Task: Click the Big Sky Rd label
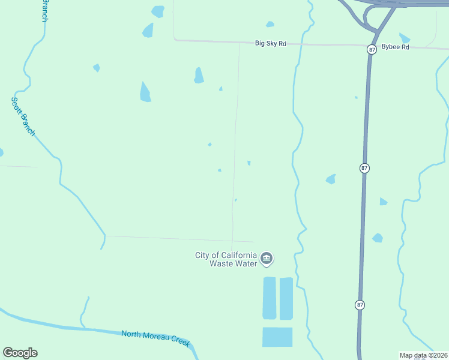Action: pyautogui.click(x=271, y=43)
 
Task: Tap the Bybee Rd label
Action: pyautogui.click(x=397, y=47)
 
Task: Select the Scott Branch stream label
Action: pyautogui.click(x=23, y=116)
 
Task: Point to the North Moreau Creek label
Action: pyautogui.click(x=155, y=338)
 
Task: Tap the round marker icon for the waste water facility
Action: pyautogui.click(x=267, y=259)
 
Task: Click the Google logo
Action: pyautogui.click(x=20, y=353)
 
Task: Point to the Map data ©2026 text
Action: pyautogui.click(x=423, y=355)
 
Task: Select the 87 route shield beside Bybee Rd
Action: pyautogui.click(x=372, y=50)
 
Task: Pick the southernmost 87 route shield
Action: pyautogui.click(x=359, y=305)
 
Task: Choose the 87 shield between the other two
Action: pyautogui.click(x=364, y=168)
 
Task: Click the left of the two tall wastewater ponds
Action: pyautogui.click(x=270, y=298)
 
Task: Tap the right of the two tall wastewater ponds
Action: pyautogui.click(x=286, y=298)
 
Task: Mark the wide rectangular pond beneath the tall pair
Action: pyautogui.click(x=277, y=337)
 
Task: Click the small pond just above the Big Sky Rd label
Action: pyautogui.click(x=270, y=25)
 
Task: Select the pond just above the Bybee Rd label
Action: pyautogui.click(x=405, y=38)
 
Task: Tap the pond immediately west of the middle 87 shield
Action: pyautogui.click(x=331, y=179)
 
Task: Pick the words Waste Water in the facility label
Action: pyautogui.click(x=234, y=263)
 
